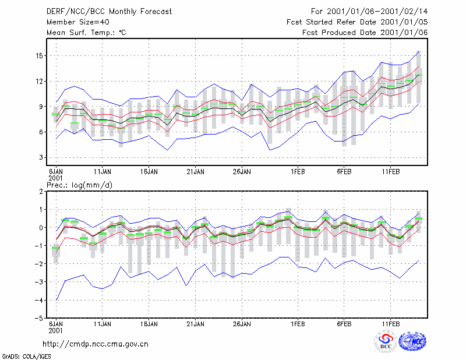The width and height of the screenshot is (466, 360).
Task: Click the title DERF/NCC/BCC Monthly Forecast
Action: click(109, 12)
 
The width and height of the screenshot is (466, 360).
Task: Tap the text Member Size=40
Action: click(78, 22)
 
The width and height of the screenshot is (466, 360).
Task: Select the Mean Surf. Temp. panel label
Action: click(86, 33)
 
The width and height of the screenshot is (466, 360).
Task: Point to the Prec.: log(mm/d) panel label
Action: click(79, 185)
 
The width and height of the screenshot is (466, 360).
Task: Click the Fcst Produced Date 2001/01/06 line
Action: click(365, 33)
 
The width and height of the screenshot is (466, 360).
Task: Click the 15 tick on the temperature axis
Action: click(39, 56)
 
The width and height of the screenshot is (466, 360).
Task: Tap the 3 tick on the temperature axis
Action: click(41, 157)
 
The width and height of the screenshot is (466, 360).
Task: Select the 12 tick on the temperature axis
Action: click(39, 81)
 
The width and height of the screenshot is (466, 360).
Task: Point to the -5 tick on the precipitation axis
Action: click(39, 318)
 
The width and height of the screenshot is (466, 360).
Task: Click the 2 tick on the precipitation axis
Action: click(41, 192)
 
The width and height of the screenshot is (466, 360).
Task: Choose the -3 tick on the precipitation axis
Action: click(39, 282)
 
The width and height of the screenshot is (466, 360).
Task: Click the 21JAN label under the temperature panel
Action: click(195, 172)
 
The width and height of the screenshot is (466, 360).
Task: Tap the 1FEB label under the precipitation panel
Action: click(298, 324)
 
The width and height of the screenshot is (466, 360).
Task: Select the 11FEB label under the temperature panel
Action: click(390, 172)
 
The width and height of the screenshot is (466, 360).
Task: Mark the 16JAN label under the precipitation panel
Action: click(149, 324)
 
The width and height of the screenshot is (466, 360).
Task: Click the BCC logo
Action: click(386, 341)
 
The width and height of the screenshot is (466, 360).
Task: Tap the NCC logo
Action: click(412, 341)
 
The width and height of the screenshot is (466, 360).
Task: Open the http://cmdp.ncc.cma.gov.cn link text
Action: click(96, 344)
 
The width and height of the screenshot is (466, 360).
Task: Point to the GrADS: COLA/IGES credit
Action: click(26, 357)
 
